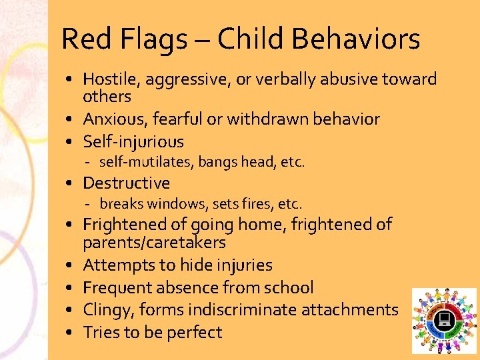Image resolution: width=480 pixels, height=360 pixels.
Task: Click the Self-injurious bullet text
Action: (x=133, y=141)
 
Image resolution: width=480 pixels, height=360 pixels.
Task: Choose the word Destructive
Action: (x=126, y=183)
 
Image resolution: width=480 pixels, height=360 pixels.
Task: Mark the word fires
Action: (x=255, y=203)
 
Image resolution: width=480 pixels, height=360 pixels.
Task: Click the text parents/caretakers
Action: (x=154, y=243)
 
